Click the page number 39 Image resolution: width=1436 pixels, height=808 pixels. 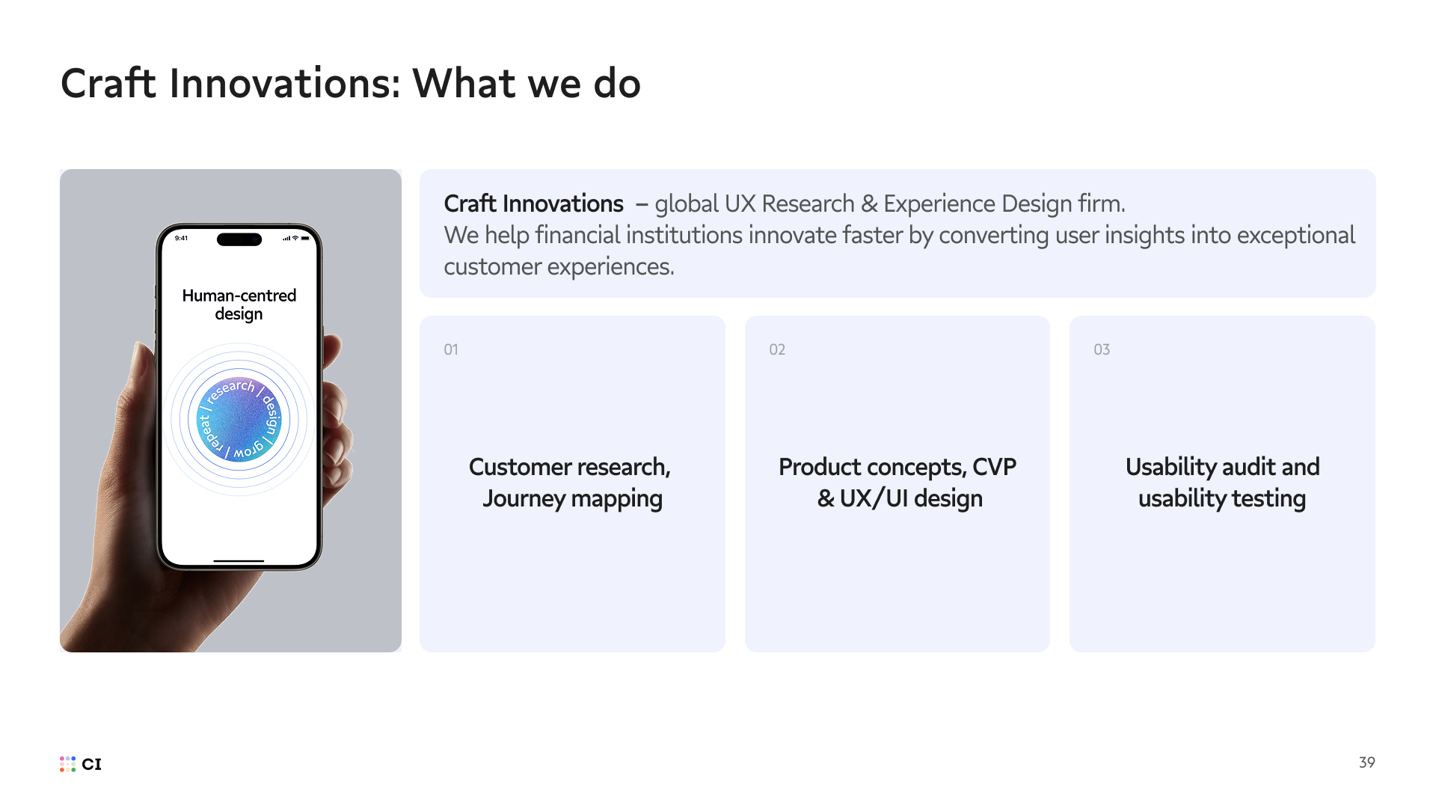1366,762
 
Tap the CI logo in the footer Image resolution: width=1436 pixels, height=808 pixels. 81,764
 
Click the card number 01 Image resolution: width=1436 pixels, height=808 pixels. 451,349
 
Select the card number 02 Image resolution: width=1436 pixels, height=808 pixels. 777,349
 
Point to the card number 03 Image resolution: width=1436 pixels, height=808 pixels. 1102,349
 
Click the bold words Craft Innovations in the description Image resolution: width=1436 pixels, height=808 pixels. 533,203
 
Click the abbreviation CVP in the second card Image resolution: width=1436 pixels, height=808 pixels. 994,467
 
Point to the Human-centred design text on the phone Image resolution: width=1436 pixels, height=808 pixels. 239,304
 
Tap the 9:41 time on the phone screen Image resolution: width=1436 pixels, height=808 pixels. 181,238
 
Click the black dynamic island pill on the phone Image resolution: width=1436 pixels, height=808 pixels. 239,239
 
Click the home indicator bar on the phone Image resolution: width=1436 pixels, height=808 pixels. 239,560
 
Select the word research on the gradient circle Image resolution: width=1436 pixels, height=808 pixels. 230,390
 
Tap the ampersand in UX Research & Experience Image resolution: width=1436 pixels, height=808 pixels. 869,203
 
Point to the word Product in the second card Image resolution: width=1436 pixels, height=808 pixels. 820,467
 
